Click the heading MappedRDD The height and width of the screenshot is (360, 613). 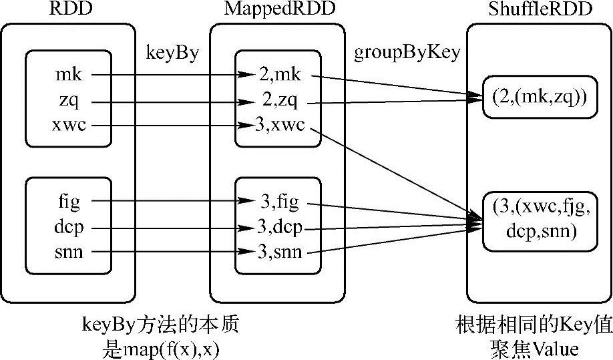[276, 10]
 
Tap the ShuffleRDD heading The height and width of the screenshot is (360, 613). [538, 10]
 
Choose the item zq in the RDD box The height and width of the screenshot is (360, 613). [66, 101]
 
